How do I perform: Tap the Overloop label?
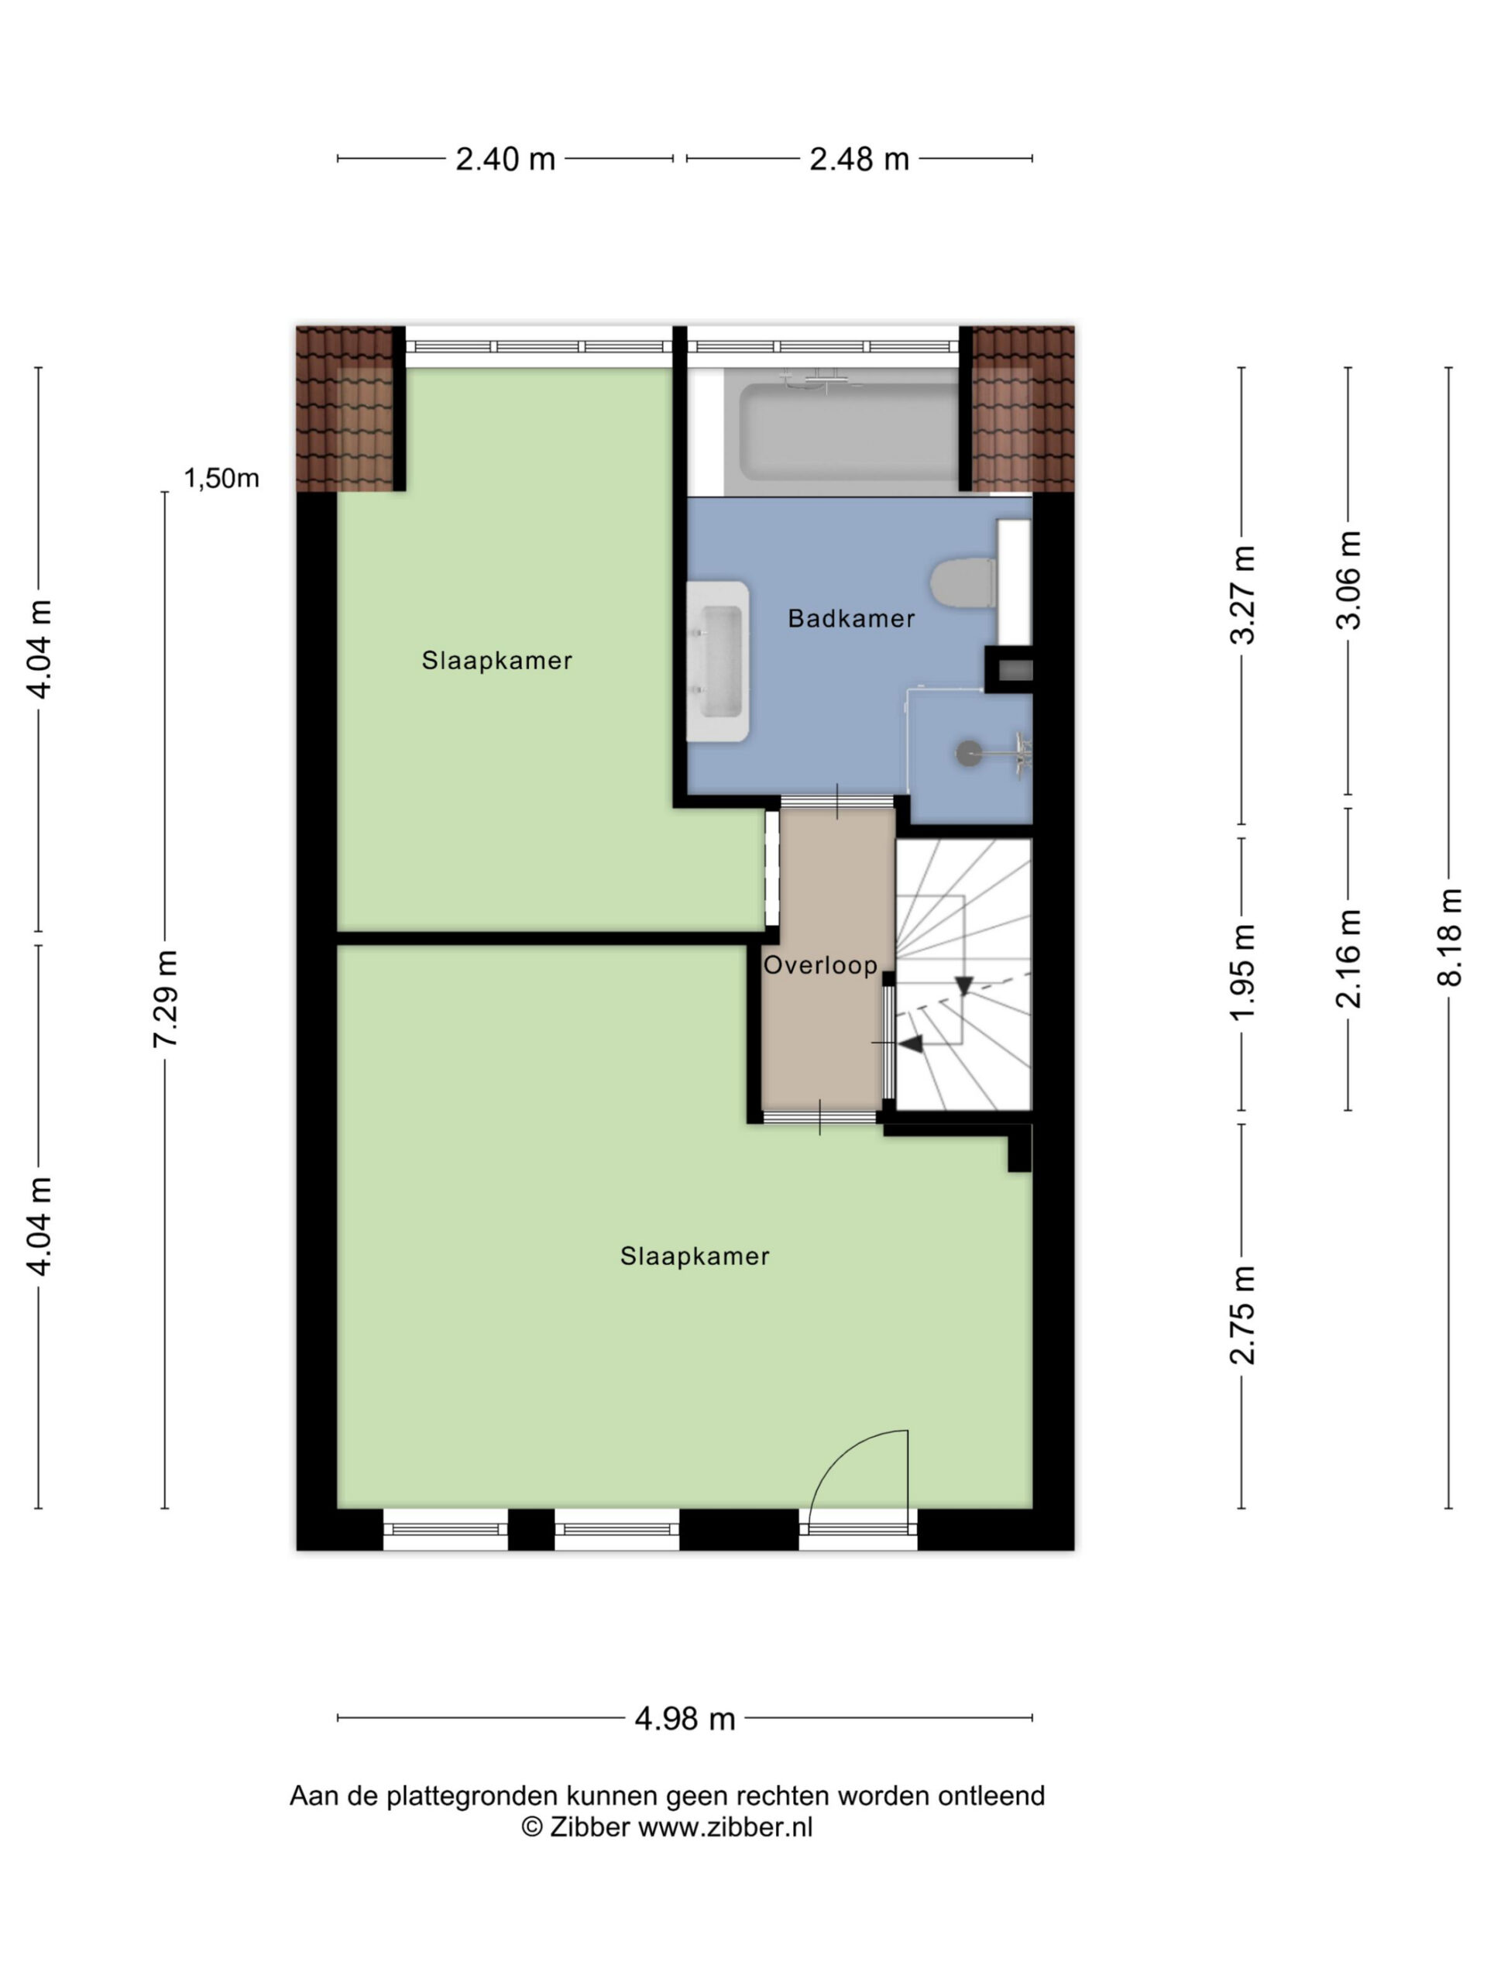tap(820, 964)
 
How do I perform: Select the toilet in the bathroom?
tap(963, 583)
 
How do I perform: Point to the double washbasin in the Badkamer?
tap(717, 662)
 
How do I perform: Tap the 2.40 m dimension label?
tap(506, 160)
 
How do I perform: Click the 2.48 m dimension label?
tap(859, 160)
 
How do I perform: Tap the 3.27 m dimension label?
tap(1242, 594)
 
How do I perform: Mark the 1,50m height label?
tap(222, 479)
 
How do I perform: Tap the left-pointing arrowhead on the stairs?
tap(911, 1043)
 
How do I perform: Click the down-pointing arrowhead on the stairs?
tap(963, 985)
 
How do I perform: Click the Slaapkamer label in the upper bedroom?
tap(496, 661)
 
